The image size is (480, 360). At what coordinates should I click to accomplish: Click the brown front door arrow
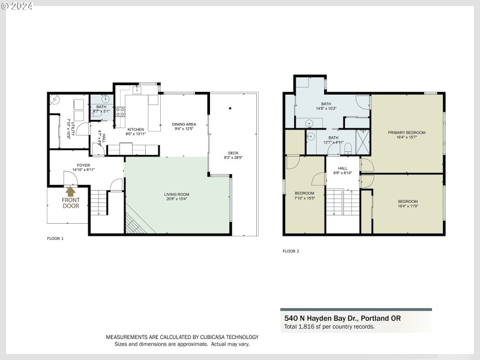71,192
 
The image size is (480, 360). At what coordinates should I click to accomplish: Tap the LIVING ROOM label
177,194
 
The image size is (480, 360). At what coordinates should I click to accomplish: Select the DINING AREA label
184,124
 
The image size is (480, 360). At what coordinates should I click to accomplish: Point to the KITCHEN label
136,130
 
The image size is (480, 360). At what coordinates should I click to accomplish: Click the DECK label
233,153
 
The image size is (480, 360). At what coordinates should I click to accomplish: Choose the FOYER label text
83,166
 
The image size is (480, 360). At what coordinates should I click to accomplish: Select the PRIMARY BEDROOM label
406,132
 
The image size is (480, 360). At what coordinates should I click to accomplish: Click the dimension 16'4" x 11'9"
407,206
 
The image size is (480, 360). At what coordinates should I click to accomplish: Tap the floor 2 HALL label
343,169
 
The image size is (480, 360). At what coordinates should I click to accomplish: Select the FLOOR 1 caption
55,238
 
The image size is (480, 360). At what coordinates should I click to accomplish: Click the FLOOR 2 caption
290,251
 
